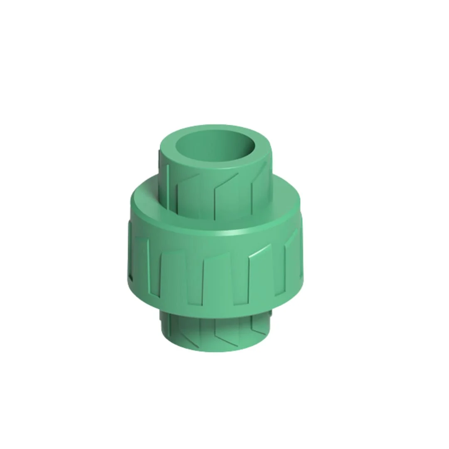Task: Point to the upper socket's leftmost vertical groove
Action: [x=168, y=183]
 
